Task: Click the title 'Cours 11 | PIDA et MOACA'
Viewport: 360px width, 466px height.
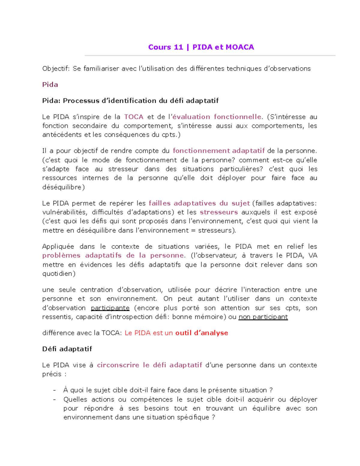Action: [x=201, y=47]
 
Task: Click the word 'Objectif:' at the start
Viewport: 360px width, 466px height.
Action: [x=56, y=69]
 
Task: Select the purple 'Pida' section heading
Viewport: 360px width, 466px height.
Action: [x=50, y=85]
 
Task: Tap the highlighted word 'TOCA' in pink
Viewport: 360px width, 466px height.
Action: [x=134, y=117]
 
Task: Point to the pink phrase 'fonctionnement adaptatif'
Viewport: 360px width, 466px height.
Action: [x=219, y=151]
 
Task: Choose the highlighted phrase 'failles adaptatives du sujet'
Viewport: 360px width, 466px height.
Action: [x=199, y=203]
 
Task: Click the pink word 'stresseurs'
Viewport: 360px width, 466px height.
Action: [x=219, y=212]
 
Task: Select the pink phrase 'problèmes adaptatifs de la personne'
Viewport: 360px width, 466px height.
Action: [x=113, y=255]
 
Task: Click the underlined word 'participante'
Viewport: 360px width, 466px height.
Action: [x=110, y=308]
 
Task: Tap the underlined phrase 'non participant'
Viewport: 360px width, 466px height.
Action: [x=263, y=317]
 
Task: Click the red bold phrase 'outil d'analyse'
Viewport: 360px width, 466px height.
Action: [x=202, y=333]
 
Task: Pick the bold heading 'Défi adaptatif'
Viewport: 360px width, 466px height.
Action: [x=67, y=349]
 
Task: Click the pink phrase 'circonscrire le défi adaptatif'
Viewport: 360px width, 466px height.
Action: [x=149, y=365]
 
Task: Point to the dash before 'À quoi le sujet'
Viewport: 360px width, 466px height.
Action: [x=54, y=390]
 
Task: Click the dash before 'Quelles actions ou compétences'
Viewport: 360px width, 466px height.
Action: [x=54, y=399]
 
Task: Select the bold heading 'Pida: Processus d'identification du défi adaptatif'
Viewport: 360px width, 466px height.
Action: [x=130, y=101]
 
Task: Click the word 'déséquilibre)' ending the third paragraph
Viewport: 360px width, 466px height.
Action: [x=64, y=187]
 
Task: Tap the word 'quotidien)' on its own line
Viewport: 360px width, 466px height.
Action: [x=59, y=274]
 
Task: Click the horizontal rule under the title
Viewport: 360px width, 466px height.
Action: [x=210, y=56]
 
